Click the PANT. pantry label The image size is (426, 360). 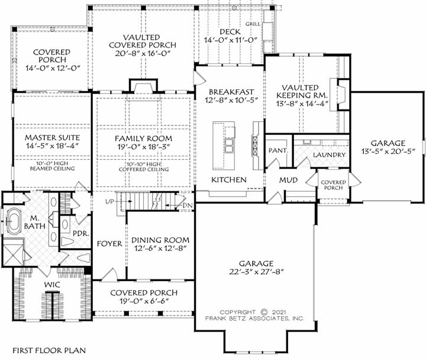(277, 150)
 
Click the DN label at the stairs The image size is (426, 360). (188, 205)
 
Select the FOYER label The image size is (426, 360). (109, 243)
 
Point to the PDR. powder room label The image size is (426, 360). (80, 233)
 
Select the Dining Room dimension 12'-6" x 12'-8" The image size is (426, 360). (160, 249)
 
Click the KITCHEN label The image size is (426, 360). (229, 179)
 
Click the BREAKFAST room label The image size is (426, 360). (231, 92)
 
